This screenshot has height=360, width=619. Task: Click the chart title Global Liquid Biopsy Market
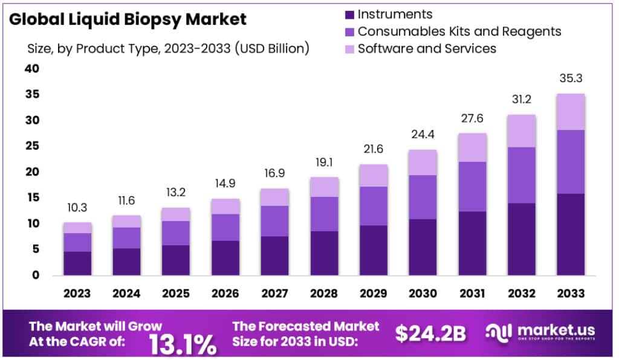[x=128, y=19]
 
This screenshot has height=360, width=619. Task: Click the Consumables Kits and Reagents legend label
[x=459, y=31]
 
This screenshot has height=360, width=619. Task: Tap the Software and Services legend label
[x=427, y=48]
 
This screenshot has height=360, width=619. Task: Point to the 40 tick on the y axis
[x=32, y=69]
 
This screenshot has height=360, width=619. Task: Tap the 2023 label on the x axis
[x=77, y=294]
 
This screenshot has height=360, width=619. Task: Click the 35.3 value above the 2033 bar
[x=571, y=79]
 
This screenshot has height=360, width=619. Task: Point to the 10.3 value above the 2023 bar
[x=77, y=207]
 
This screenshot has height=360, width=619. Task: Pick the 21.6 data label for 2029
[x=373, y=149]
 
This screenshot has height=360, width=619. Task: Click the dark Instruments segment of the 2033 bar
[x=571, y=234]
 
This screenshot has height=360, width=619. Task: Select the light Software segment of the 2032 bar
[x=521, y=131]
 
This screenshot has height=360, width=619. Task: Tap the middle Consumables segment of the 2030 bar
[x=423, y=197]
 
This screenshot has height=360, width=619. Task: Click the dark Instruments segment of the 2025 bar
[x=175, y=260]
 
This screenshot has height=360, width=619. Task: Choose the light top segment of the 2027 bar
[x=274, y=197]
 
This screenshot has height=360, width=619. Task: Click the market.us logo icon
[x=498, y=332]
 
